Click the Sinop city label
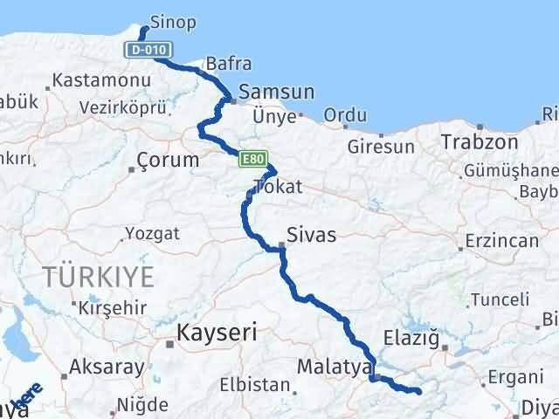[172, 21]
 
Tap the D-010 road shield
[146, 51]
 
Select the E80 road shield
[252, 158]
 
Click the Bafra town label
[228, 64]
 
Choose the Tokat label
[276, 186]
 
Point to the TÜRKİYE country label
[98, 278]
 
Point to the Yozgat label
[152, 234]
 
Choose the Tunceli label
[500, 299]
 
